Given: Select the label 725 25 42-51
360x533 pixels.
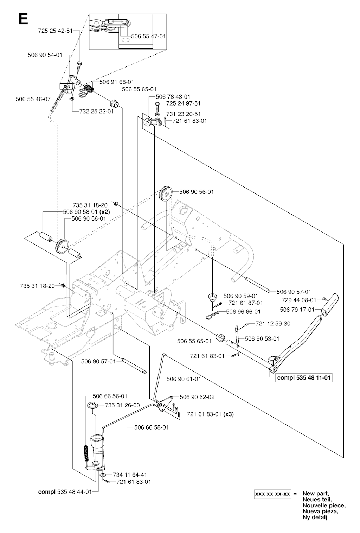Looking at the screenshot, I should click(x=54, y=31).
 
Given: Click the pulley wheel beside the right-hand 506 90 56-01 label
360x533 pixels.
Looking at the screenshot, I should click(x=165, y=194).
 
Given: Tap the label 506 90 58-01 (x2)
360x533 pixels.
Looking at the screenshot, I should click(x=86, y=212).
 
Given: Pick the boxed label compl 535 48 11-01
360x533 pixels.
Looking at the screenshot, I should click(x=304, y=378).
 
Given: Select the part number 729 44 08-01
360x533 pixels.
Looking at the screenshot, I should click(x=299, y=300).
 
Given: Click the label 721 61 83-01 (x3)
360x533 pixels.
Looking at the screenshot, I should click(x=210, y=414).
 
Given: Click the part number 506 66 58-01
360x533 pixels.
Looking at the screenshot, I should click(x=152, y=427).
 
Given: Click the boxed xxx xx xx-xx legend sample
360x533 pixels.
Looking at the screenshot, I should click(x=273, y=494).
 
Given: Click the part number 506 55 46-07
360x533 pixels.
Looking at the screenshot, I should click(x=33, y=99).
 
